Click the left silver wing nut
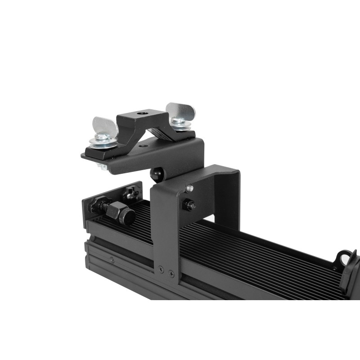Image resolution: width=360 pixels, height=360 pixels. [105, 126]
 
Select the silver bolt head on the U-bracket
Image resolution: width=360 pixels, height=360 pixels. [190, 188]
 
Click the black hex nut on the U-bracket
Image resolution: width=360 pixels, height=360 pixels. [189, 206]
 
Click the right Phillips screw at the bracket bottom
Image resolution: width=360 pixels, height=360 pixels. [171, 272]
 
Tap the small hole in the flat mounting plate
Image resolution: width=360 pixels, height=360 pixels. [143, 146]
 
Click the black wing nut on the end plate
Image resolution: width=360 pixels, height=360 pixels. [131, 194]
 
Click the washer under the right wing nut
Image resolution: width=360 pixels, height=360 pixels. [180, 126]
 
